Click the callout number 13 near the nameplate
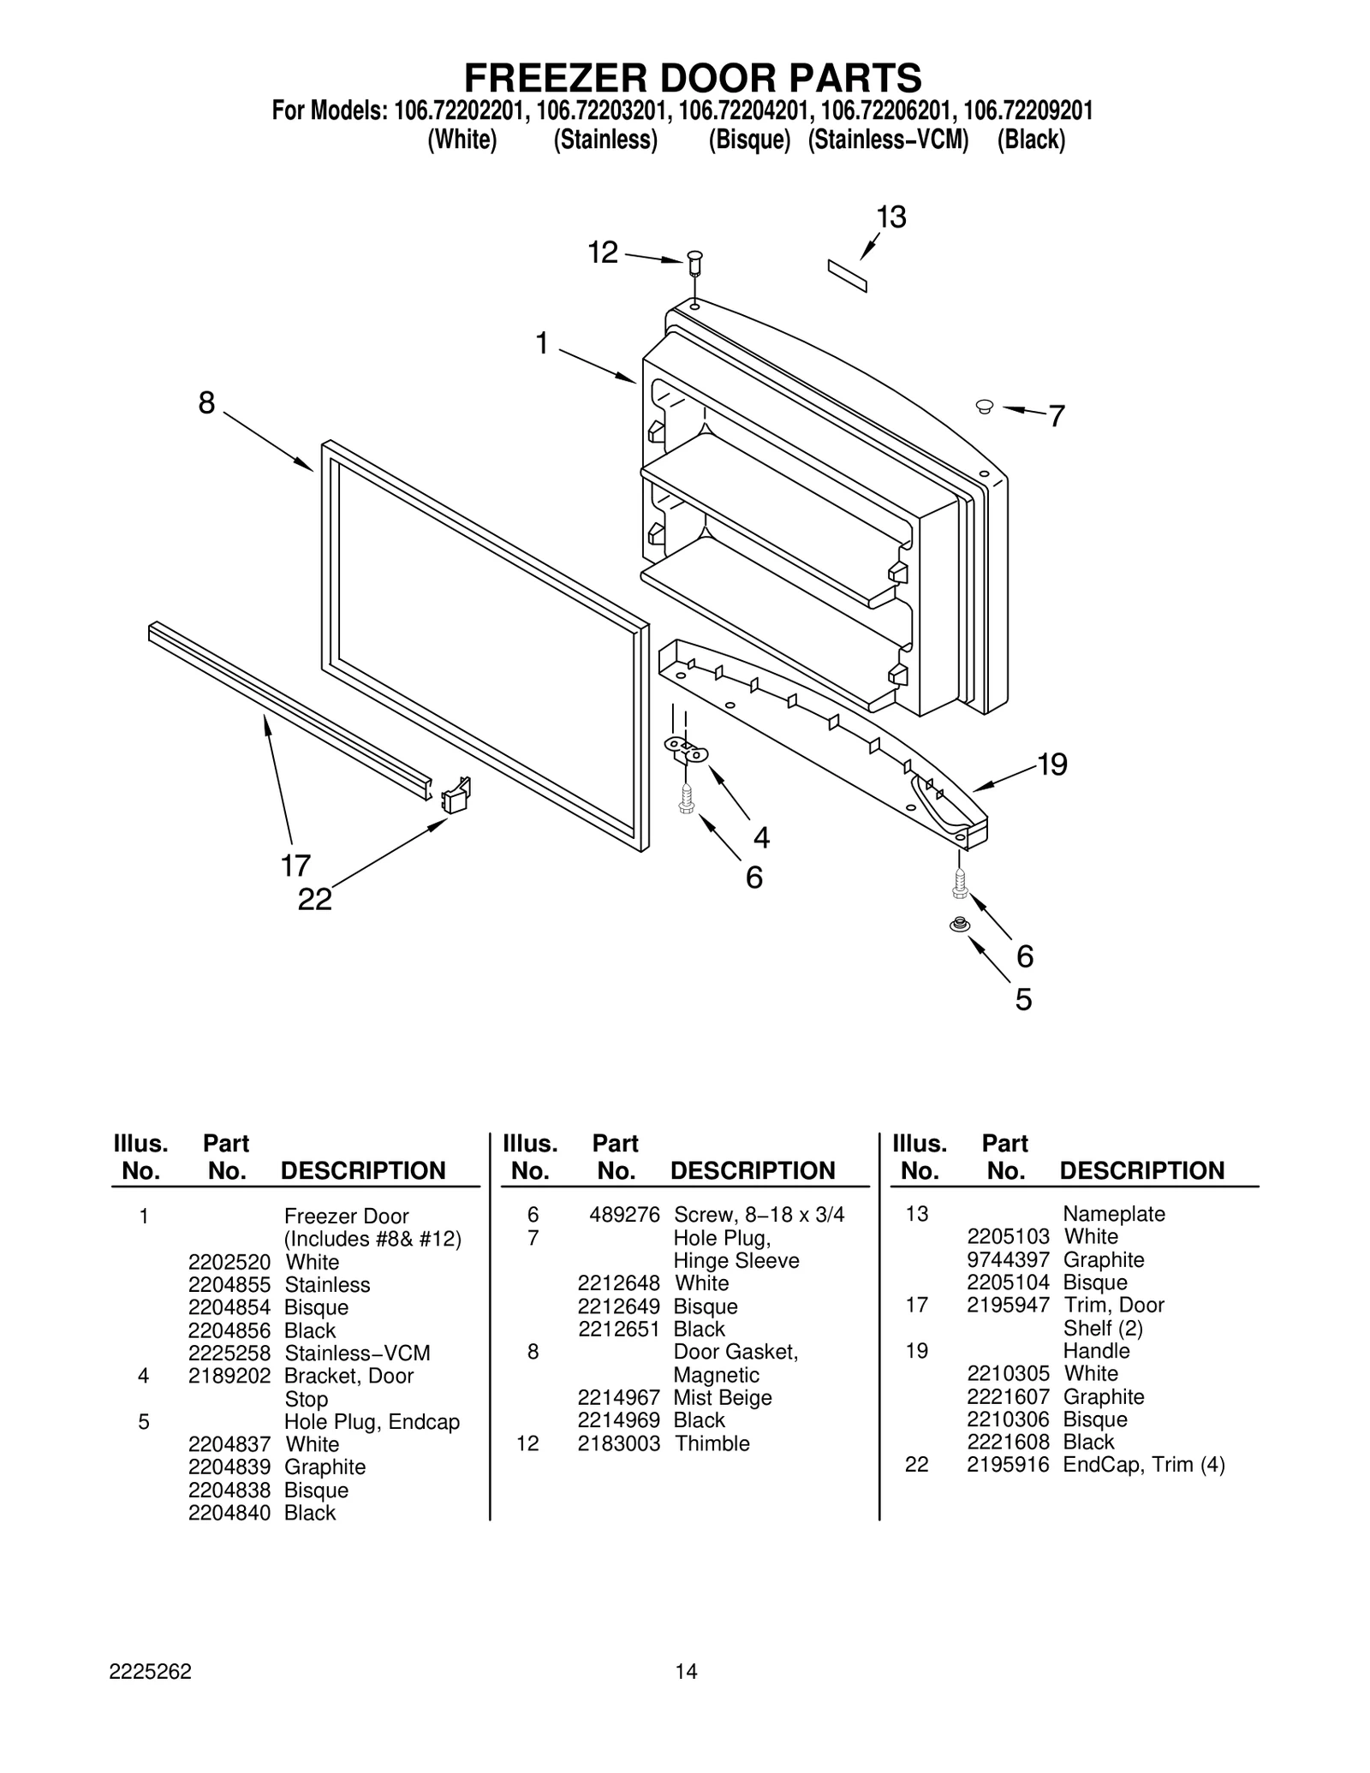890,217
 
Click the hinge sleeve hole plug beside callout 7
984,406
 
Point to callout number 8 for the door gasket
206,402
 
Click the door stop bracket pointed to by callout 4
687,751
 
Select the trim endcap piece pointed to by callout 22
456,795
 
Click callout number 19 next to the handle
1051,765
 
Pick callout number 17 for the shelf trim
295,866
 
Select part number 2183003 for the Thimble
618,1443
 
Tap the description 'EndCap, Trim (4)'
1143,1465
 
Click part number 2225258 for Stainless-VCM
229,1354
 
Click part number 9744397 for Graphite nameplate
1008,1260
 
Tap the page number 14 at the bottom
686,1671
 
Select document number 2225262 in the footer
150,1671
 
